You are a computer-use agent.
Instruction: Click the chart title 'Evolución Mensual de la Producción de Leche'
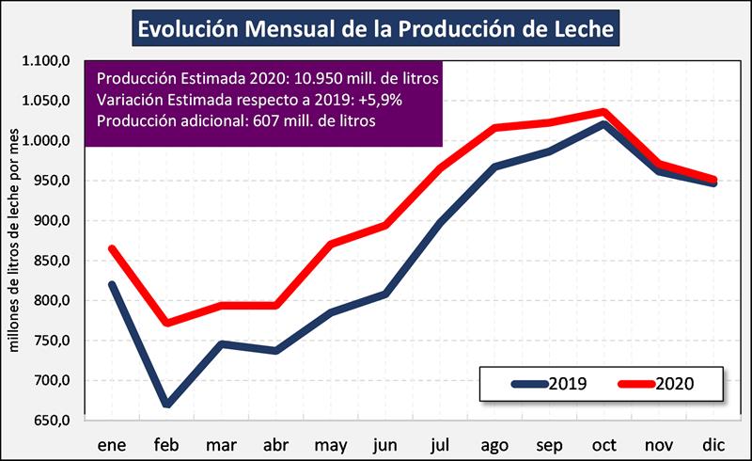coord(376,28)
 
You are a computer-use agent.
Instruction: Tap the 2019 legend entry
coord(550,383)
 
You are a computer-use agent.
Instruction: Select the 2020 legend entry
coord(657,383)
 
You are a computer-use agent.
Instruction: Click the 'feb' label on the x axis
coord(167,441)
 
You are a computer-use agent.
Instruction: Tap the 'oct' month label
coord(603,441)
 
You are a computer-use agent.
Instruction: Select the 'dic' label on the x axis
coord(713,441)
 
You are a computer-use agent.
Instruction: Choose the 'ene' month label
coord(112,441)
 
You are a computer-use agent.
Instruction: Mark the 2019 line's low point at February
coord(166,405)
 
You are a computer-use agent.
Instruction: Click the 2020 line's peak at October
coord(603,112)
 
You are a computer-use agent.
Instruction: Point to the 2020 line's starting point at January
coord(112,248)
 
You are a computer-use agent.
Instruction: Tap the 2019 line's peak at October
coord(603,124)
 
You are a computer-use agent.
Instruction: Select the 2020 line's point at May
coord(330,245)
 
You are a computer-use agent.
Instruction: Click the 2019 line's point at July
coord(440,223)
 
